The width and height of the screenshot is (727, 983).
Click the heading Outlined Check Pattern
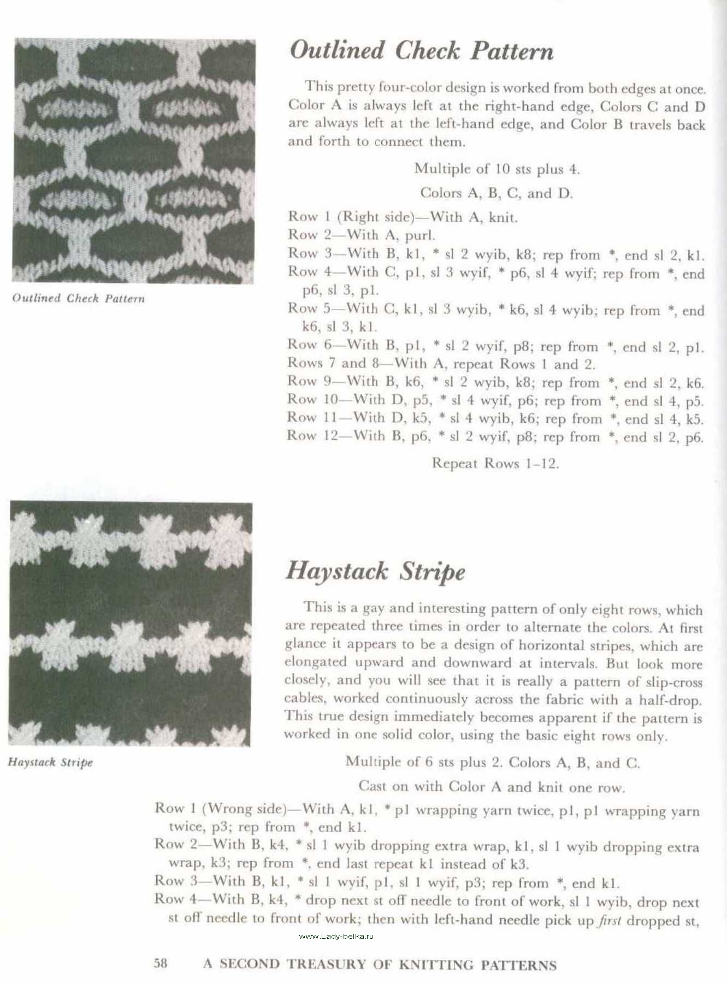pos(421,51)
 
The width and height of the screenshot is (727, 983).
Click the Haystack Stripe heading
pos(375,571)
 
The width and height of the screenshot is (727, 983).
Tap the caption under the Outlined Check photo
pos(79,298)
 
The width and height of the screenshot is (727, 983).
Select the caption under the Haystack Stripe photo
pos(50,762)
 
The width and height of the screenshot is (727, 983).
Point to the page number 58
pos(161,963)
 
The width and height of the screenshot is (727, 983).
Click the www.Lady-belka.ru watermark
pos(336,936)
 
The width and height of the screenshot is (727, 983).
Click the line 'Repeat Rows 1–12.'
pos(495,464)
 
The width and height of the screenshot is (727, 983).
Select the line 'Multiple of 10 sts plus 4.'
pos(497,169)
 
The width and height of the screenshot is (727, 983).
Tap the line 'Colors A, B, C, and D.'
pos(497,193)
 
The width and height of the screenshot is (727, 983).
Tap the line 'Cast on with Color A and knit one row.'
pos(492,787)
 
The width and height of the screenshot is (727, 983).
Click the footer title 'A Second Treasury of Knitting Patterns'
pos(380,964)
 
